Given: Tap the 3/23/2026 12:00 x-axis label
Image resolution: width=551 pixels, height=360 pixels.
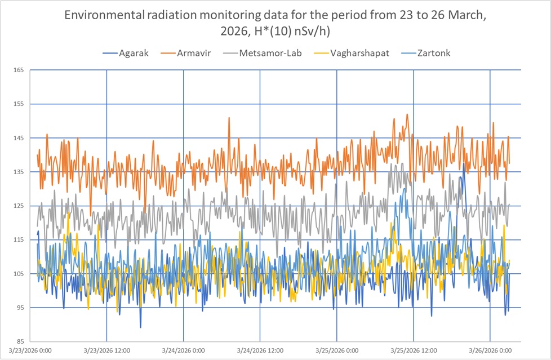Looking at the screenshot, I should [106, 350].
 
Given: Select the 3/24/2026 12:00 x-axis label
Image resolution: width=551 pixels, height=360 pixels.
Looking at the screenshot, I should [260, 350].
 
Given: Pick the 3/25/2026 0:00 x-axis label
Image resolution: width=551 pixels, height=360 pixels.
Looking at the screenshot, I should [336, 350].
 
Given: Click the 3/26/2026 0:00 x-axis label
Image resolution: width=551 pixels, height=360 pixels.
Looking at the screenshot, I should [490, 350].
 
